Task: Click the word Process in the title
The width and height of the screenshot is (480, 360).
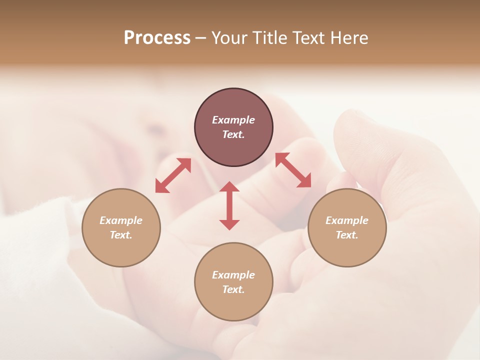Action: (x=157, y=38)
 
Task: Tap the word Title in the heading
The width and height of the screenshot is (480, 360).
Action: (x=270, y=38)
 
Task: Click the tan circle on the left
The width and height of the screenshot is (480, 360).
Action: (x=121, y=227)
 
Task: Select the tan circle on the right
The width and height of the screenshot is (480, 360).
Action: (x=347, y=227)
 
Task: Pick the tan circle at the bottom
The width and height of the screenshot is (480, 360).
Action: (x=233, y=281)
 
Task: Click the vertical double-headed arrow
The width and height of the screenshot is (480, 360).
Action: (x=229, y=205)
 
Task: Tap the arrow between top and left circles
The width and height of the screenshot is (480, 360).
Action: (x=173, y=175)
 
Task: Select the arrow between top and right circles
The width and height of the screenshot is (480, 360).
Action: (x=293, y=170)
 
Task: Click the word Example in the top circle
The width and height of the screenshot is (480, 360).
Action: (x=233, y=120)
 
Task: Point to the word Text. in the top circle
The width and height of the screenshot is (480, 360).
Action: (x=233, y=134)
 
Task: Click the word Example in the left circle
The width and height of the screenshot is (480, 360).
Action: (x=121, y=220)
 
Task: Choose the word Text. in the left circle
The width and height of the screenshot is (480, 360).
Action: (x=121, y=235)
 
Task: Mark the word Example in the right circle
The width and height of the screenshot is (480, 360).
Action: (x=347, y=220)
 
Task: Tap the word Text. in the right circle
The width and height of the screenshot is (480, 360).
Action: (x=347, y=235)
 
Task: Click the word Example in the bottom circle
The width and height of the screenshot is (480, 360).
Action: (x=233, y=275)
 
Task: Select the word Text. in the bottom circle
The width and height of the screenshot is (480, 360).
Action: (x=233, y=289)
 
